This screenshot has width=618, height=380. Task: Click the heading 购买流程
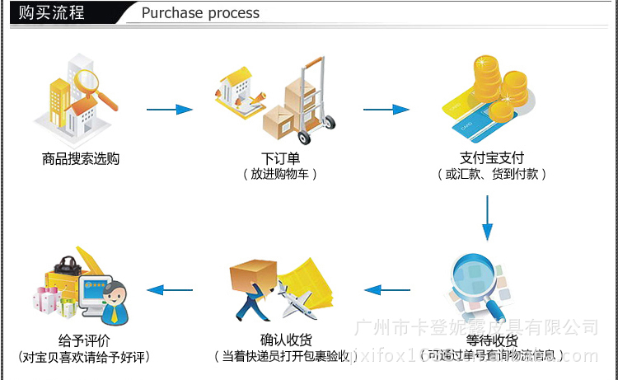tap(51, 12)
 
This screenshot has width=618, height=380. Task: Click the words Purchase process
tap(200, 13)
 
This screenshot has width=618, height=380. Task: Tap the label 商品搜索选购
tap(81, 158)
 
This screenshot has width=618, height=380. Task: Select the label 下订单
tap(280, 158)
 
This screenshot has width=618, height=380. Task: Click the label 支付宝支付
tap(492, 158)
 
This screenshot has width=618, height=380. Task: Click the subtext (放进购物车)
tap(280, 174)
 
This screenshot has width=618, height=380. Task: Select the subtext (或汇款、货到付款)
tap(492, 174)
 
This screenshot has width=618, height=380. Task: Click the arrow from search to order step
tap(170, 109)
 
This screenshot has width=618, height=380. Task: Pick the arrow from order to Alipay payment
tap(386, 109)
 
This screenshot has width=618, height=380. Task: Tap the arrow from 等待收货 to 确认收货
tap(387, 289)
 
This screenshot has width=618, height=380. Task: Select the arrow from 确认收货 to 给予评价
tap(170, 289)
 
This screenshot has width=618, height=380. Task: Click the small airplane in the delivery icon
tap(295, 301)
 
